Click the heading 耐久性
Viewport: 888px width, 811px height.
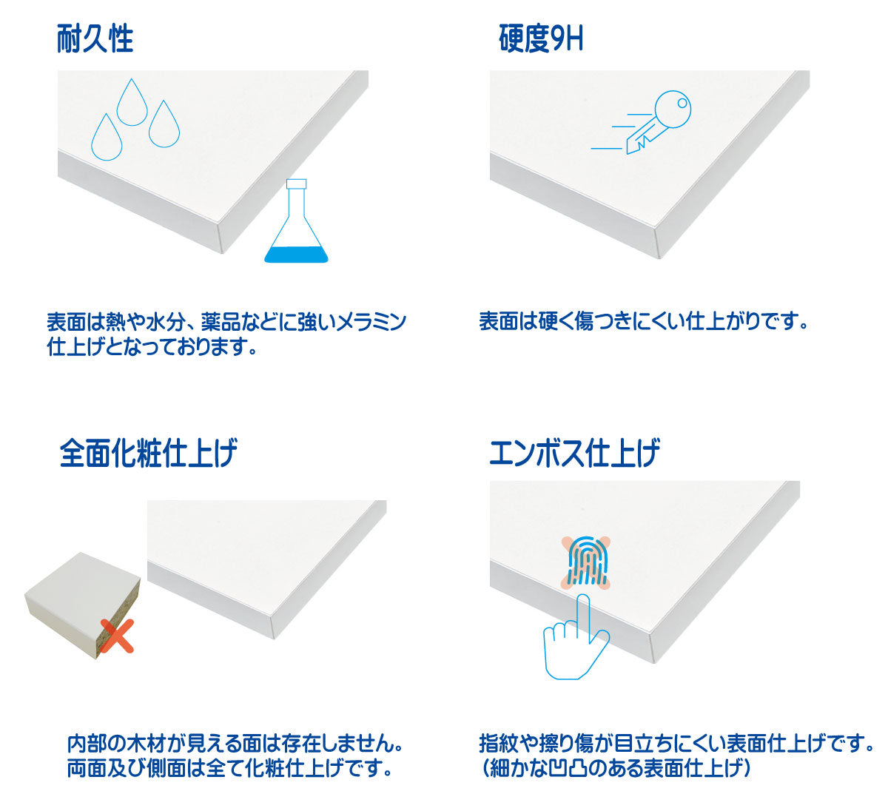pyautogui.click(x=95, y=38)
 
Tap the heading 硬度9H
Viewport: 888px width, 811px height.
pyautogui.click(x=541, y=38)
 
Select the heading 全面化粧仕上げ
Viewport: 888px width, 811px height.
pyautogui.click(x=148, y=453)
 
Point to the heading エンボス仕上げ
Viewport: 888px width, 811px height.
pyautogui.click(x=574, y=453)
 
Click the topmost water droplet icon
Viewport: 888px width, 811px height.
pyautogui.click(x=132, y=104)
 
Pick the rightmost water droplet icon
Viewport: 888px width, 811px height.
pyautogui.click(x=164, y=125)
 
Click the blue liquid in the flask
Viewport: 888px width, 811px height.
pyautogui.click(x=296, y=255)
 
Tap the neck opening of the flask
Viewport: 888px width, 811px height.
pyautogui.click(x=296, y=184)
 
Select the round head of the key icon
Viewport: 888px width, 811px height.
pyautogui.click(x=673, y=110)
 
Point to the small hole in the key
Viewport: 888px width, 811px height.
pyautogui.click(x=682, y=103)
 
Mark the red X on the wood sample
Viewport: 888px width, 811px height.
pyautogui.click(x=117, y=636)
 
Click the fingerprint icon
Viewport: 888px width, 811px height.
pyautogui.click(x=586, y=562)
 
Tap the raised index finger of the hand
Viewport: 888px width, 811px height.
pyautogui.click(x=583, y=616)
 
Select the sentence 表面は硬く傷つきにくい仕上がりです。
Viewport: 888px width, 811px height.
pyautogui.click(x=644, y=322)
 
